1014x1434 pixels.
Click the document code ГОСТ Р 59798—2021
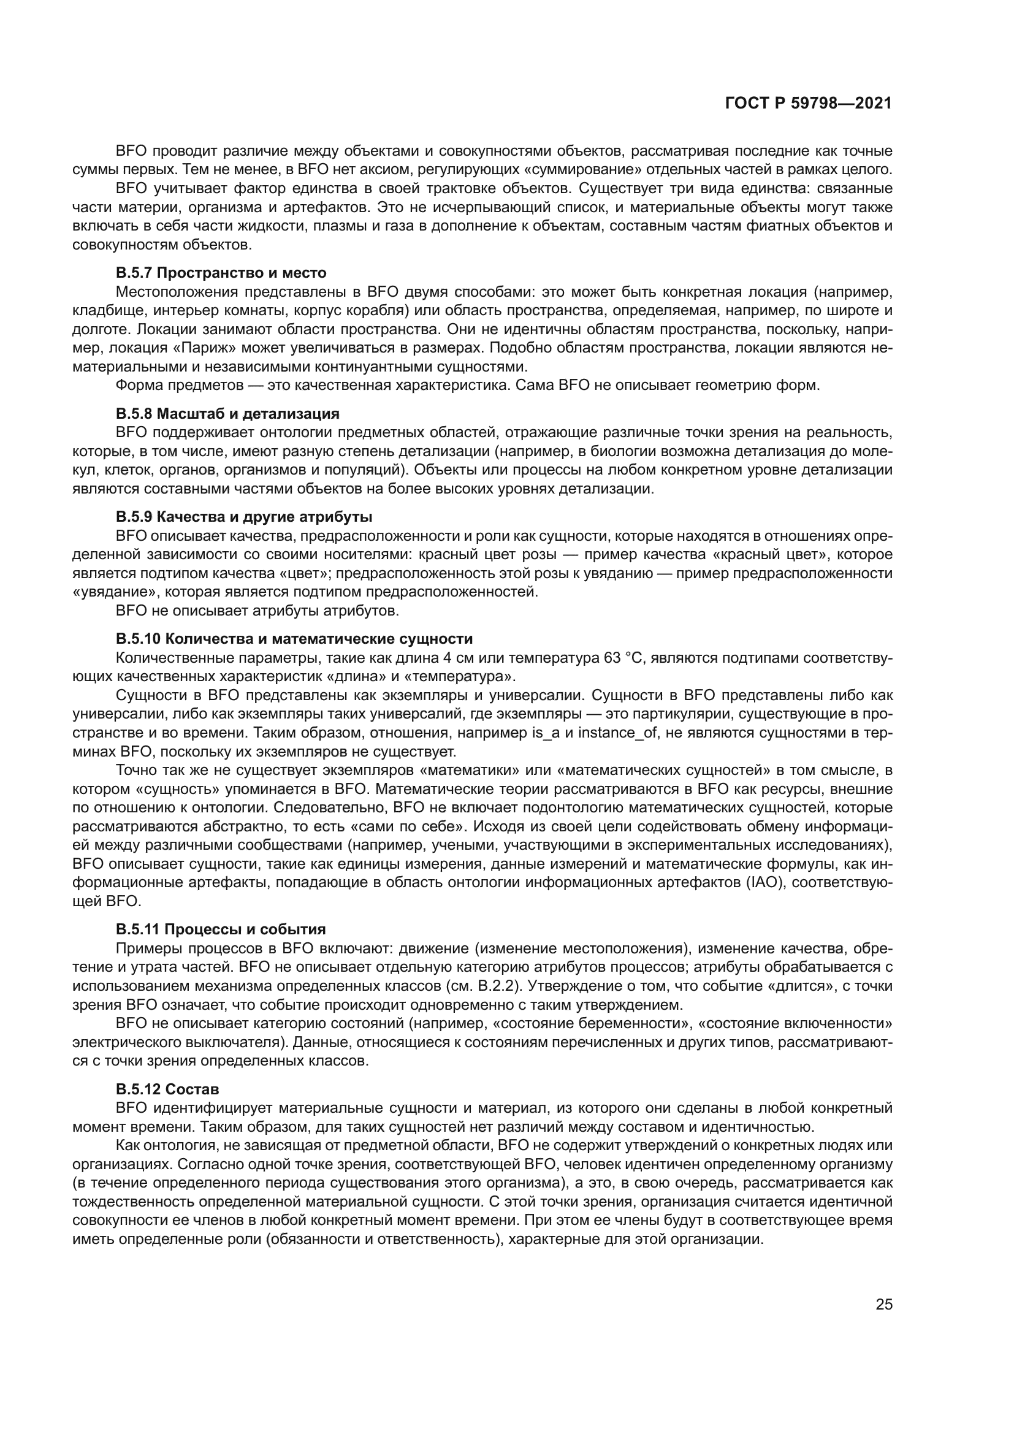click(x=808, y=104)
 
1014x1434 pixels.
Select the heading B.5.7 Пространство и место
click(x=221, y=273)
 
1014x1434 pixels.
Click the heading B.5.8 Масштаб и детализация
click(x=227, y=413)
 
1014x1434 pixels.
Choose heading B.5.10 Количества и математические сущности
click(x=294, y=639)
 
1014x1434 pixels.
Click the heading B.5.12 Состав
click(x=167, y=1089)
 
